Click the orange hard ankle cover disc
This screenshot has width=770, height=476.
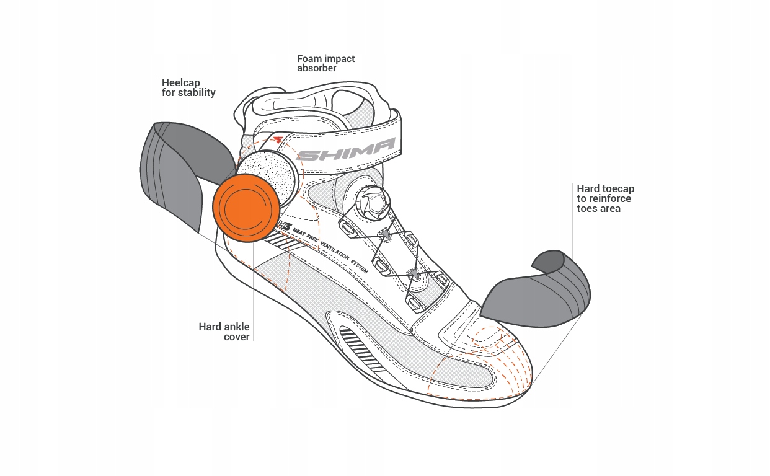coord(246,206)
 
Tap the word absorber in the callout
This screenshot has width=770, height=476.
coord(317,69)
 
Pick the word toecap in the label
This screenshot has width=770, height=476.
coord(617,188)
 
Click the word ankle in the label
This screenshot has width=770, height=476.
coord(236,327)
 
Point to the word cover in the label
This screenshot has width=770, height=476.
coord(237,337)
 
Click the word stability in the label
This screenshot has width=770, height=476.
coord(197,92)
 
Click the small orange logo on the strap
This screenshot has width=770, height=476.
coord(277,140)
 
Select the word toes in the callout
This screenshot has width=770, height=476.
coord(587,208)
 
